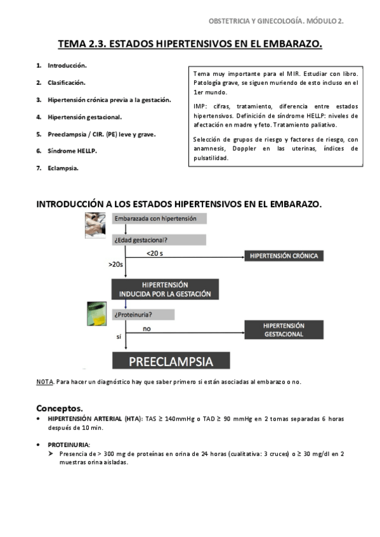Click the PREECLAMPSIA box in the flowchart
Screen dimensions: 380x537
click(x=171, y=362)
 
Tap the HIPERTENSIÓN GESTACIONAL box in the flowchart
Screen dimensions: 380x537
click(x=284, y=330)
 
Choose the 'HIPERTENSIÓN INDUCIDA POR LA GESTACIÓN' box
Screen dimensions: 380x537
click(x=165, y=289)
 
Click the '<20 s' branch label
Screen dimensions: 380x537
click(x=155, y=253)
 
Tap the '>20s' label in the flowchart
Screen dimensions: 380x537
click(x=116, y=264)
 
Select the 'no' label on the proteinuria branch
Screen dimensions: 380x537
click(x=147, y=329)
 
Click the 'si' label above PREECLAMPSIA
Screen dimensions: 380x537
click(x=118, y=337)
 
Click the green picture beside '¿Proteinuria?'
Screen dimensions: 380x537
click(x=96, y=313)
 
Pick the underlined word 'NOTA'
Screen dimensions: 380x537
click(x=44, y=382)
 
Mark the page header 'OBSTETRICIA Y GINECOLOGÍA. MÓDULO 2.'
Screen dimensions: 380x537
click(x=276, y=21)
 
